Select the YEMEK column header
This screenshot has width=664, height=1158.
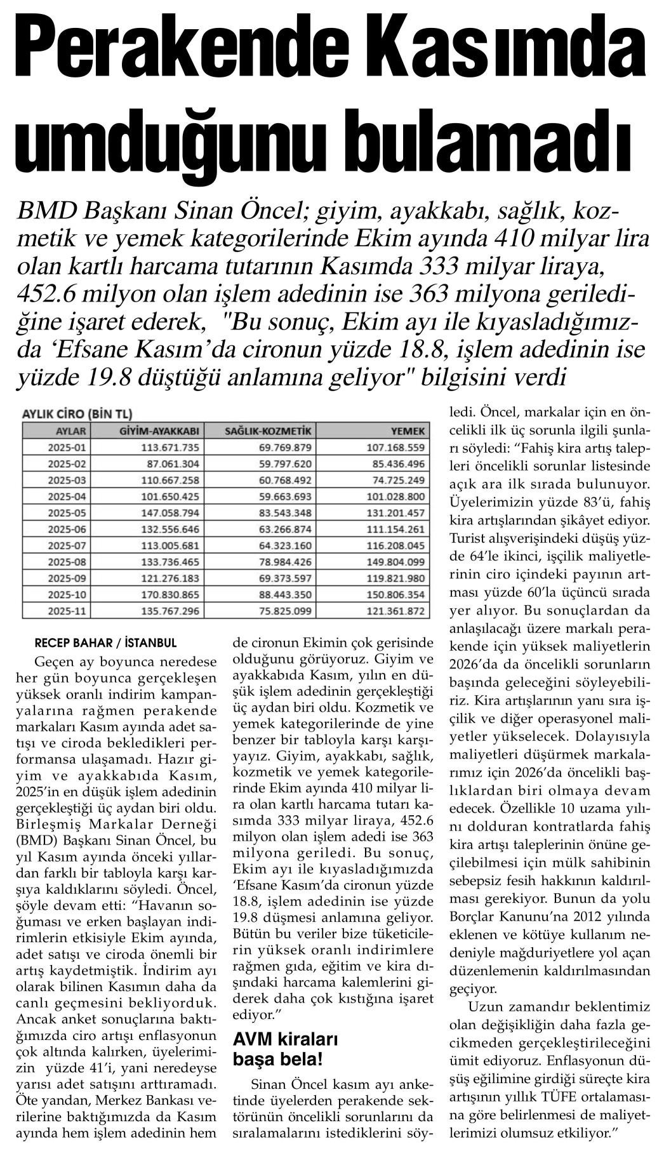coord(409,432)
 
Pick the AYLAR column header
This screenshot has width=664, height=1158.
coord(62,432)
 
